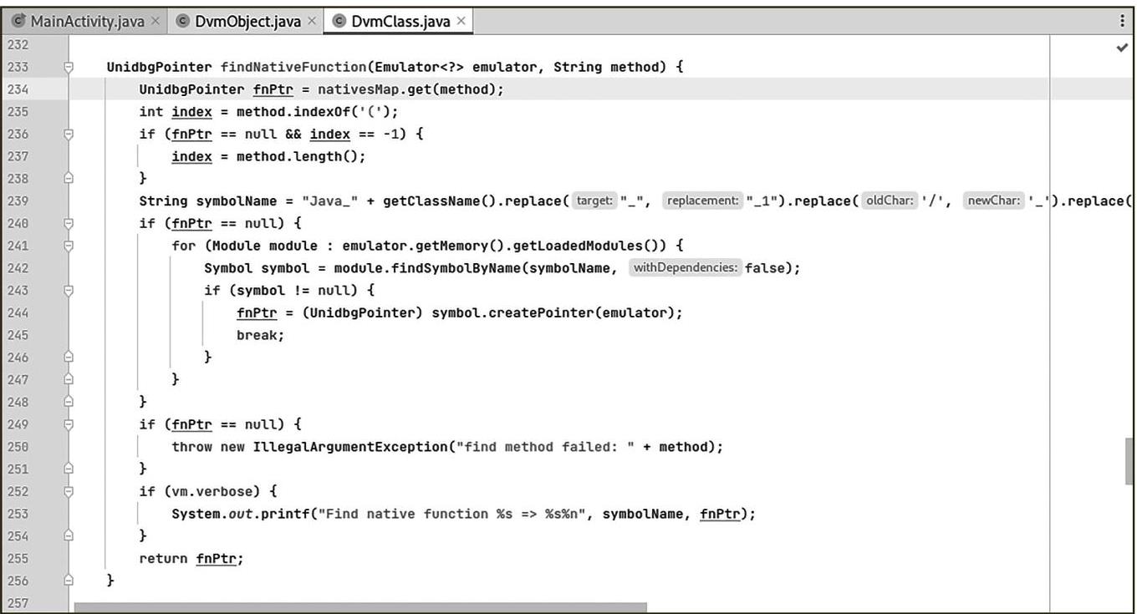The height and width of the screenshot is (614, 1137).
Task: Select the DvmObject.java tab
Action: pyautogui.click(x=247, y=22)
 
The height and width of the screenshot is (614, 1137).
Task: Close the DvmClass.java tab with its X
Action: pyautogui.click(x=461, y=22)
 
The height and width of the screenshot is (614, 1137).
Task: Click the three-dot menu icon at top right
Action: pyautogui.click(x=1122, y=22)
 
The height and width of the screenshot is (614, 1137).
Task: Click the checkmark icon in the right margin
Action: pyautogui.click(x=1122, y=48)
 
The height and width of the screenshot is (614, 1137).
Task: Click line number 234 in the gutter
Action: pyautogui.click(x=17, y=89)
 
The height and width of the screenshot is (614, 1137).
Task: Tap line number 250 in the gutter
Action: pyautogui.click(x=17, y=447)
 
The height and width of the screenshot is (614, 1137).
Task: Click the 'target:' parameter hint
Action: pyautogui.click(x=595, y=200)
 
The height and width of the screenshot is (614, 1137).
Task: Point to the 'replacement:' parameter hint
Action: pyautogui.click(x=703, y=200)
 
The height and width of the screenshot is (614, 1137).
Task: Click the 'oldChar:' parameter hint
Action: pyautogui.click(x=890, y=200)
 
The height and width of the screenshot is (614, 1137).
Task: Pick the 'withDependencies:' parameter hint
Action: pyautogui.click(x=686, y=268)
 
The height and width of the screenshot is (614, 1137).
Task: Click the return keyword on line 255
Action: pyautogui.click(x=163, y=558)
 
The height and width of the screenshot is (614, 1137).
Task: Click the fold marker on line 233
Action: pyautogui.click(x=69, y=67)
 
